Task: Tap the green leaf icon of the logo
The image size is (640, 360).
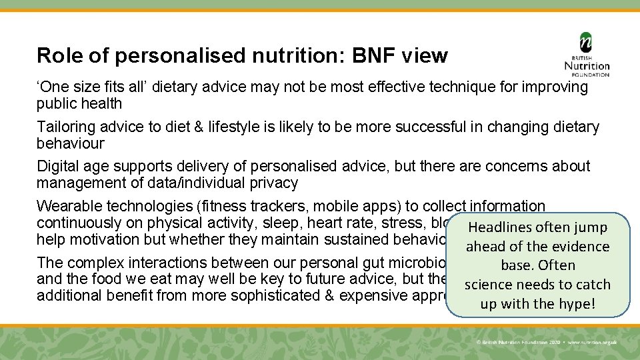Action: click(586, 42)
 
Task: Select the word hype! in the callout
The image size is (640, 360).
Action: click(579, 304)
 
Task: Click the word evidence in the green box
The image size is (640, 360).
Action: click(577, 247)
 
